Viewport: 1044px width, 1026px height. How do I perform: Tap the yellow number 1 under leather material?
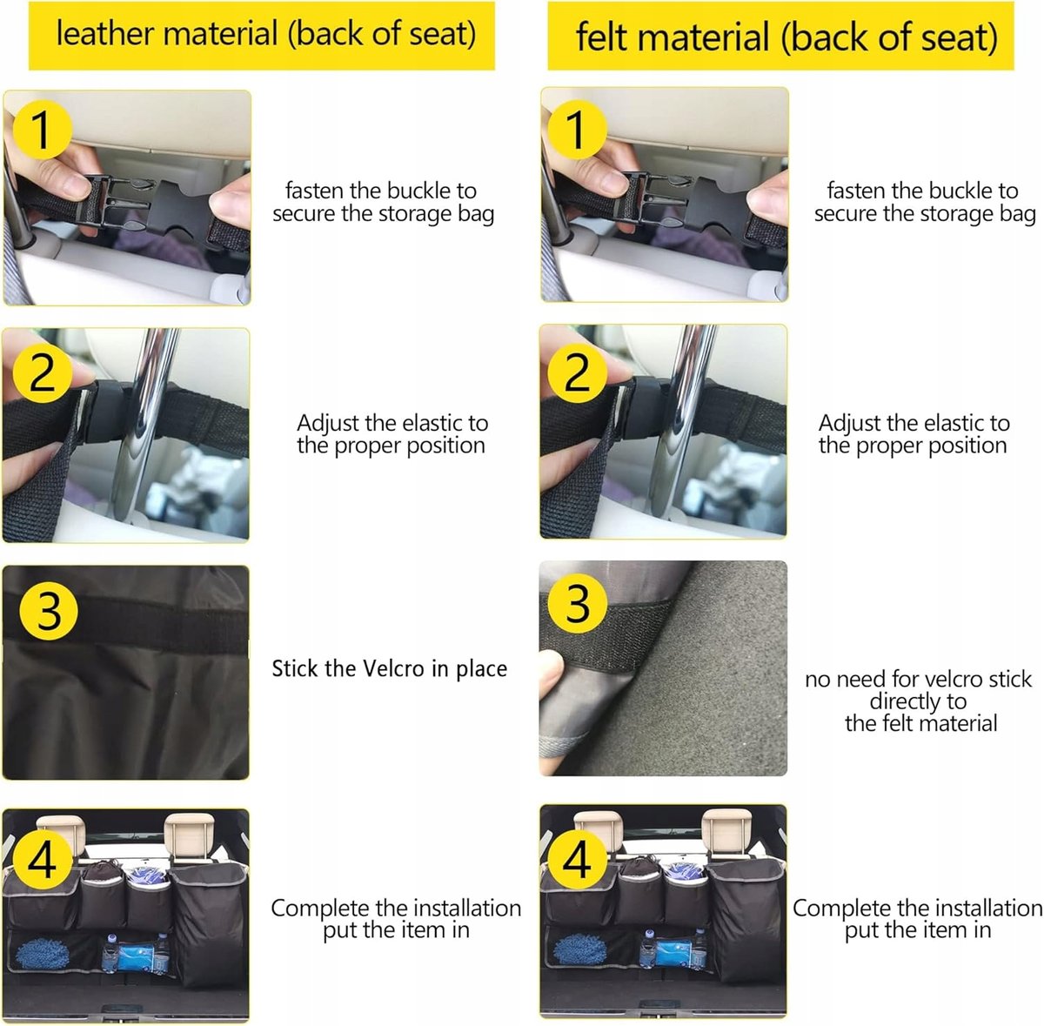click(x=43, y=130)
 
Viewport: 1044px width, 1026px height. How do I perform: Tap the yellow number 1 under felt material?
click(x=577, y=130)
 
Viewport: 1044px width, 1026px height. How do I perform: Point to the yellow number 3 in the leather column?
click(x=49, y=611)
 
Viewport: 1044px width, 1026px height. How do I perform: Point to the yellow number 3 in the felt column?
click(x=577, y=604)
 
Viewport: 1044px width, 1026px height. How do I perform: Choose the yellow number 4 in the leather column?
click(x=43, y=860)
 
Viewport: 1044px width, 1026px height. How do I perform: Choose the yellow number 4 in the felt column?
click(x=577, y=860)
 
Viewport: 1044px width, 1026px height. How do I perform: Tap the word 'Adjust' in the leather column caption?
click(x=328, y=424)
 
